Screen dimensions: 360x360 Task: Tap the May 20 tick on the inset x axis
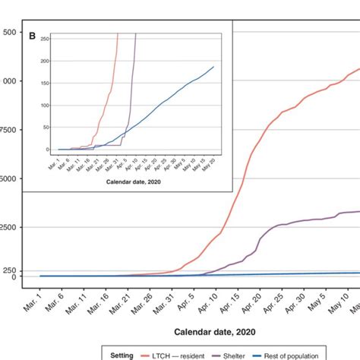pos(210,161)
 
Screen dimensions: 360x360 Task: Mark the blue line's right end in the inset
pos(213,67)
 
